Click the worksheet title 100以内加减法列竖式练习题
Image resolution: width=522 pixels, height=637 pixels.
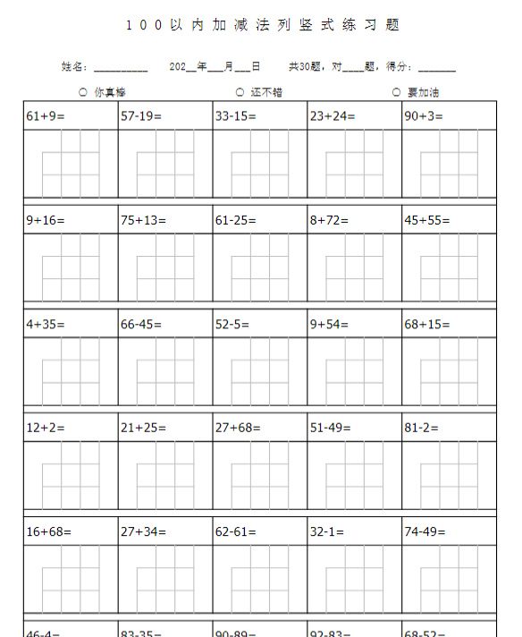(262, 25)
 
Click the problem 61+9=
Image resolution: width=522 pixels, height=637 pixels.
(46, 115)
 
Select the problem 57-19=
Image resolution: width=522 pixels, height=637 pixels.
(142, 115)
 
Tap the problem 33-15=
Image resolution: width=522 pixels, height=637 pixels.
(235, 115)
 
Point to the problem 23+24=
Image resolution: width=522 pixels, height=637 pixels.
(333, 115)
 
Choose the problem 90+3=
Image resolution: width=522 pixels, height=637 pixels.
(425, 115)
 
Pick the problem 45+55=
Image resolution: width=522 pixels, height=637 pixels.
(427, 220)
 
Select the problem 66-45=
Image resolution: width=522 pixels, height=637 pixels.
(142, 324)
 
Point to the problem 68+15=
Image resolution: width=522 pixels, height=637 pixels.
(427, 324)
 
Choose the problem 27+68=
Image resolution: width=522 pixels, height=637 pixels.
(238, 428)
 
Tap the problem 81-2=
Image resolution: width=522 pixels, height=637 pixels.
(421, 428)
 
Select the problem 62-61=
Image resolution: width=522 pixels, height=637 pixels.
(235, 531)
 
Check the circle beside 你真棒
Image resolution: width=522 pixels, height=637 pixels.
(83, 92)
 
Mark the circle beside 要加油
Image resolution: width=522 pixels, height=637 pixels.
(396, 92)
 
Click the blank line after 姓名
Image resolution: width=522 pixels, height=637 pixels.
(121, 68)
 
